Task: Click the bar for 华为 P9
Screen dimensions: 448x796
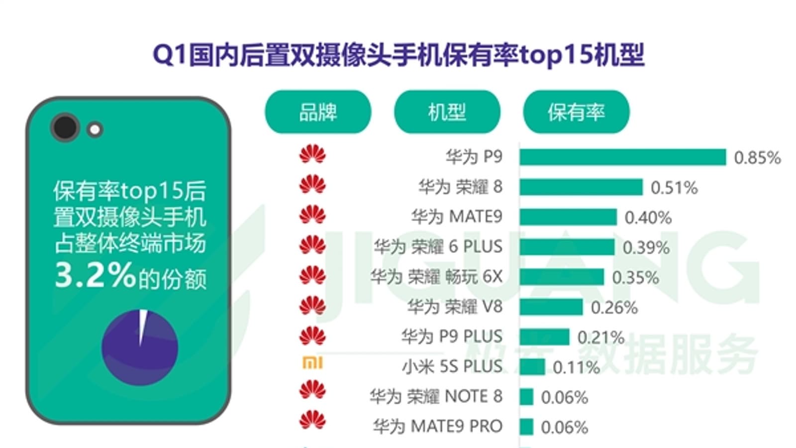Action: coord(622,157)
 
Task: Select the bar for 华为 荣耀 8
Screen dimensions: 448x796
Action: coord(581,187)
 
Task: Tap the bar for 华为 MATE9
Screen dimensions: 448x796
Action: coord(568,217)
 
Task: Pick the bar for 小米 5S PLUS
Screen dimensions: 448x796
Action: coord(532,367)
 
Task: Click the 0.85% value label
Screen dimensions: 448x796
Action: coord(757,158)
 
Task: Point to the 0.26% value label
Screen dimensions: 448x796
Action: coord(614,308)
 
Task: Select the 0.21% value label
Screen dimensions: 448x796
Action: coord(600,337)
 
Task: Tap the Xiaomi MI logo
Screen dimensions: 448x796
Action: coord(312,363)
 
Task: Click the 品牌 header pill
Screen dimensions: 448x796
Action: coord(318,112)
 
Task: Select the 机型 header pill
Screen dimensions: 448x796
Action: coord(447,112)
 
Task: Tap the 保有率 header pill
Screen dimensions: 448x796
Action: coord(576,112)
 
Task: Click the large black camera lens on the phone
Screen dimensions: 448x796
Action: coord(65,127)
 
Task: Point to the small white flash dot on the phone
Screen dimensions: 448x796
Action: coord(95,130)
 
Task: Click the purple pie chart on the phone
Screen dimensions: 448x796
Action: coord(140,347)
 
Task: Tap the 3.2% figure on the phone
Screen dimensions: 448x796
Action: coord(95,275)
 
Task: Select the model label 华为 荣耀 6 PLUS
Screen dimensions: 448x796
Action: coord(438,247)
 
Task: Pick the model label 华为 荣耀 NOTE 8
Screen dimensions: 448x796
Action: coord(435,397)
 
